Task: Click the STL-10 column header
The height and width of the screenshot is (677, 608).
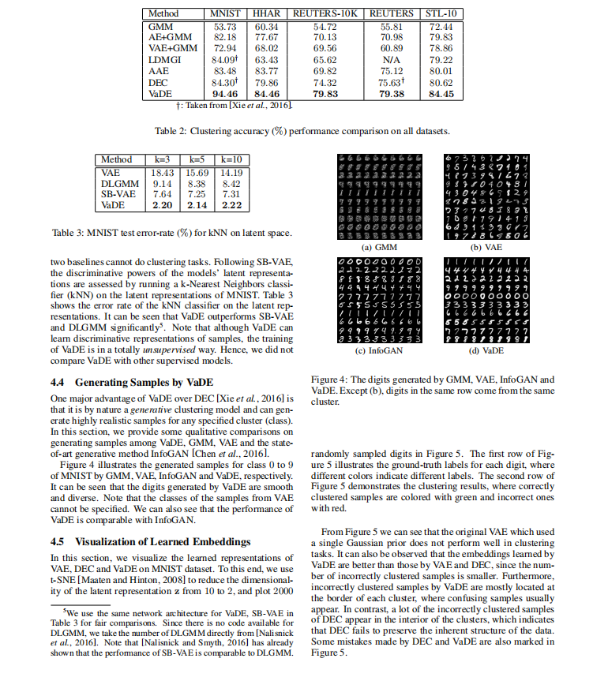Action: pos(442,13)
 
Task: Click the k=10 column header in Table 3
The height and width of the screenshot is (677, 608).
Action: pos(232,159)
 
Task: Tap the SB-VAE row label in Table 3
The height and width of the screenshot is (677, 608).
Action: pos(118,194)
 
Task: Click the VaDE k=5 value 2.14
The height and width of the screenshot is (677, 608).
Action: pos(197,205)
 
